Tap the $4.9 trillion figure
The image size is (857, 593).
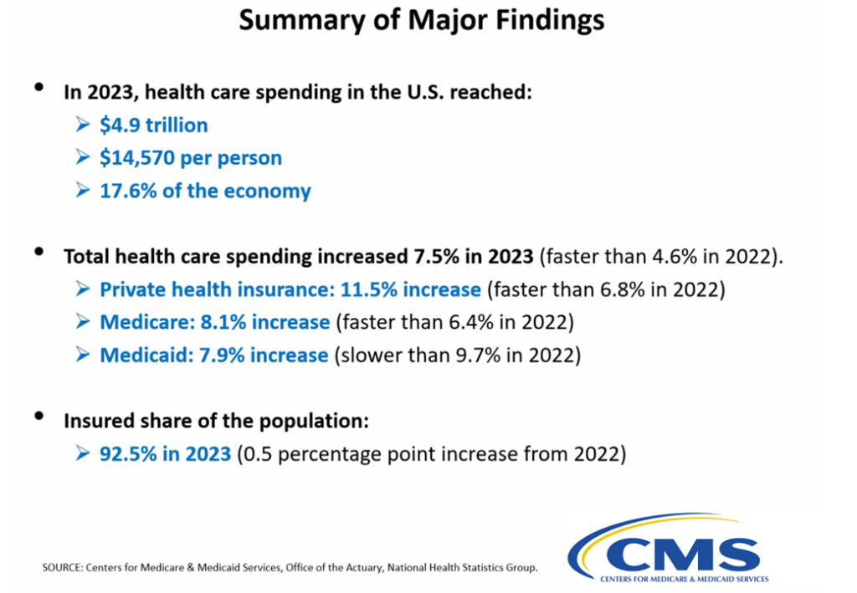153,125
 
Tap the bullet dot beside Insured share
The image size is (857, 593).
39,416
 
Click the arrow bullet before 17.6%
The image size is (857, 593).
82,191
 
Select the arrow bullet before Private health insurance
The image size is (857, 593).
82,289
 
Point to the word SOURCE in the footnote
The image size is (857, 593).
61,568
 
